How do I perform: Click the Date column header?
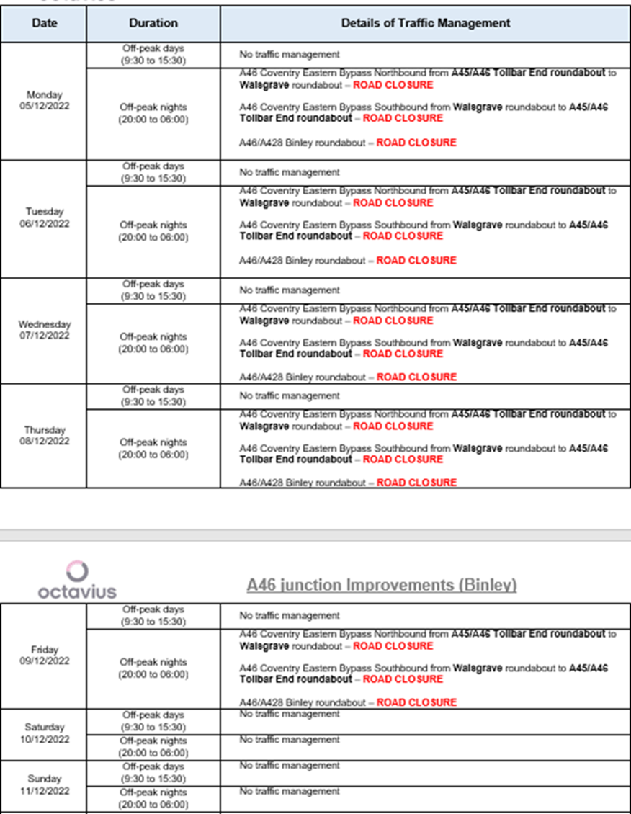pyautogui.click(x=44, y=23)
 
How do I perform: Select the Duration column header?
pyautogui.click(x=153, y=23)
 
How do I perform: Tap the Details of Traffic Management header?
pyautogui.click(x=426, y=23)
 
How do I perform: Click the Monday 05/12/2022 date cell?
pyautogui.click(x=44, y=101)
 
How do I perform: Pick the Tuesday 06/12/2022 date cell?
pyautogui.click(x=44, y=218)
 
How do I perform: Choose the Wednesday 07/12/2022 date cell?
pyautogui.click(x=44, y=330)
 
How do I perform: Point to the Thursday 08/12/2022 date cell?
pyautogui.click(x=44, y=436)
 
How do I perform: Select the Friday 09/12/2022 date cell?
pyautogui.click(x=44, y=656)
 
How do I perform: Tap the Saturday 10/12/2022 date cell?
pyautogui.click(x=44, y=733)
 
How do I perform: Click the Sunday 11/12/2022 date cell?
pyautogui.click(x=44, y=785)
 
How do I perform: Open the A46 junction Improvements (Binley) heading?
pyautogui.click(x=382, y=584)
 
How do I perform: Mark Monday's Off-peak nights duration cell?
pyautogui.click(x=153, y=113)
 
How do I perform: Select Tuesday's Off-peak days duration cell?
pyautogui.click(x=153, y=172)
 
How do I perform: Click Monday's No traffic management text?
pyautogui.click(x=290, y=55)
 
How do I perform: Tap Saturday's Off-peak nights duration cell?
pyautogui.click(x=153, y=746)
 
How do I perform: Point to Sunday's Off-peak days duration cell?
pyautogui.click(x=153, y=772)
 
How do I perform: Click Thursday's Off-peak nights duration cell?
pyautogui.click(x=153, y=448)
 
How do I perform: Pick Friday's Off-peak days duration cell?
pyautogui.click(x=153, y=616)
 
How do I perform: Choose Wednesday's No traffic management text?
pyautogui.click(x=290, y=290)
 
